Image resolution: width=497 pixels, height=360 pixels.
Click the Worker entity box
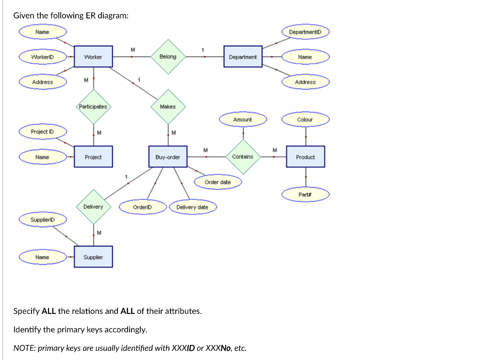click(93, 57)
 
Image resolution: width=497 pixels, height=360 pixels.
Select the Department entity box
click(243, 57)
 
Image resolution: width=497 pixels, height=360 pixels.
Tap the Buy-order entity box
click(167, 157)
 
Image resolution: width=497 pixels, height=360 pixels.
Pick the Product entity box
click(305, 157)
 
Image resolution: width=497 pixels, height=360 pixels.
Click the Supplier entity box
click(93, 257)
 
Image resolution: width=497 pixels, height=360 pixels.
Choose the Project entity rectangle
click(93, 157)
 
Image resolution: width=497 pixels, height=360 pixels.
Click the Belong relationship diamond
click(168, 57)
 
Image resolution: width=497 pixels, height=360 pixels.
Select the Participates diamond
click(93, 107)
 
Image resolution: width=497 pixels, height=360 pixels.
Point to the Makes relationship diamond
click(167, 107)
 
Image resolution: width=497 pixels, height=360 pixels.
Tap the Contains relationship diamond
click(243, 157)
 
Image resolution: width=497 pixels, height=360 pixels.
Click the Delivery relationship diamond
click(93, 207)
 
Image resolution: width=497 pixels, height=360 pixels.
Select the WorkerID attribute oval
click(43, 57)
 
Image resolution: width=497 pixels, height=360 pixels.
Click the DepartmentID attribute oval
click(305, 32)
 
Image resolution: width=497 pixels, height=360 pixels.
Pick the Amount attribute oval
click(243, 119)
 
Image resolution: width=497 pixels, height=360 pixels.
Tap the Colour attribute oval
click(305, 119)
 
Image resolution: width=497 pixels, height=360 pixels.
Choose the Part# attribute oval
click(305, 195)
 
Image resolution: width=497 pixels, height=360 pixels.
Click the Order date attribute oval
click(218, 182)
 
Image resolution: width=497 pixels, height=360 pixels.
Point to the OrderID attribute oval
click(143, 207)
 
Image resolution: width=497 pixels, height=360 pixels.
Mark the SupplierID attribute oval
click(43, 220)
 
